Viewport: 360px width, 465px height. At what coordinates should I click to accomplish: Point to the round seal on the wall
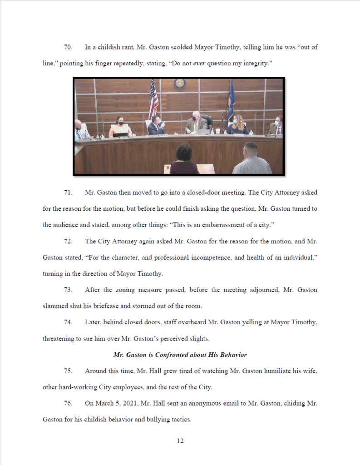click(180, 84)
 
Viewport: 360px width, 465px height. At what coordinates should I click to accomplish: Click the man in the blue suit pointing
click(157, 126)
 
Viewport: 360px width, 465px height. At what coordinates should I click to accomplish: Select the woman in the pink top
click(119, 127)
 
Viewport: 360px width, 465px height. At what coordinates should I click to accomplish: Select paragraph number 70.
click(68, 47)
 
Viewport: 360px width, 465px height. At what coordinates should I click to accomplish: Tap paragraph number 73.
click(68, 290)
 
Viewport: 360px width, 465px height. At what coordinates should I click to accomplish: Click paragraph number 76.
click(68, 403)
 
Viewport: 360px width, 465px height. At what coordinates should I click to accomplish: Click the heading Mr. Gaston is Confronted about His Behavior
click(180, 355)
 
